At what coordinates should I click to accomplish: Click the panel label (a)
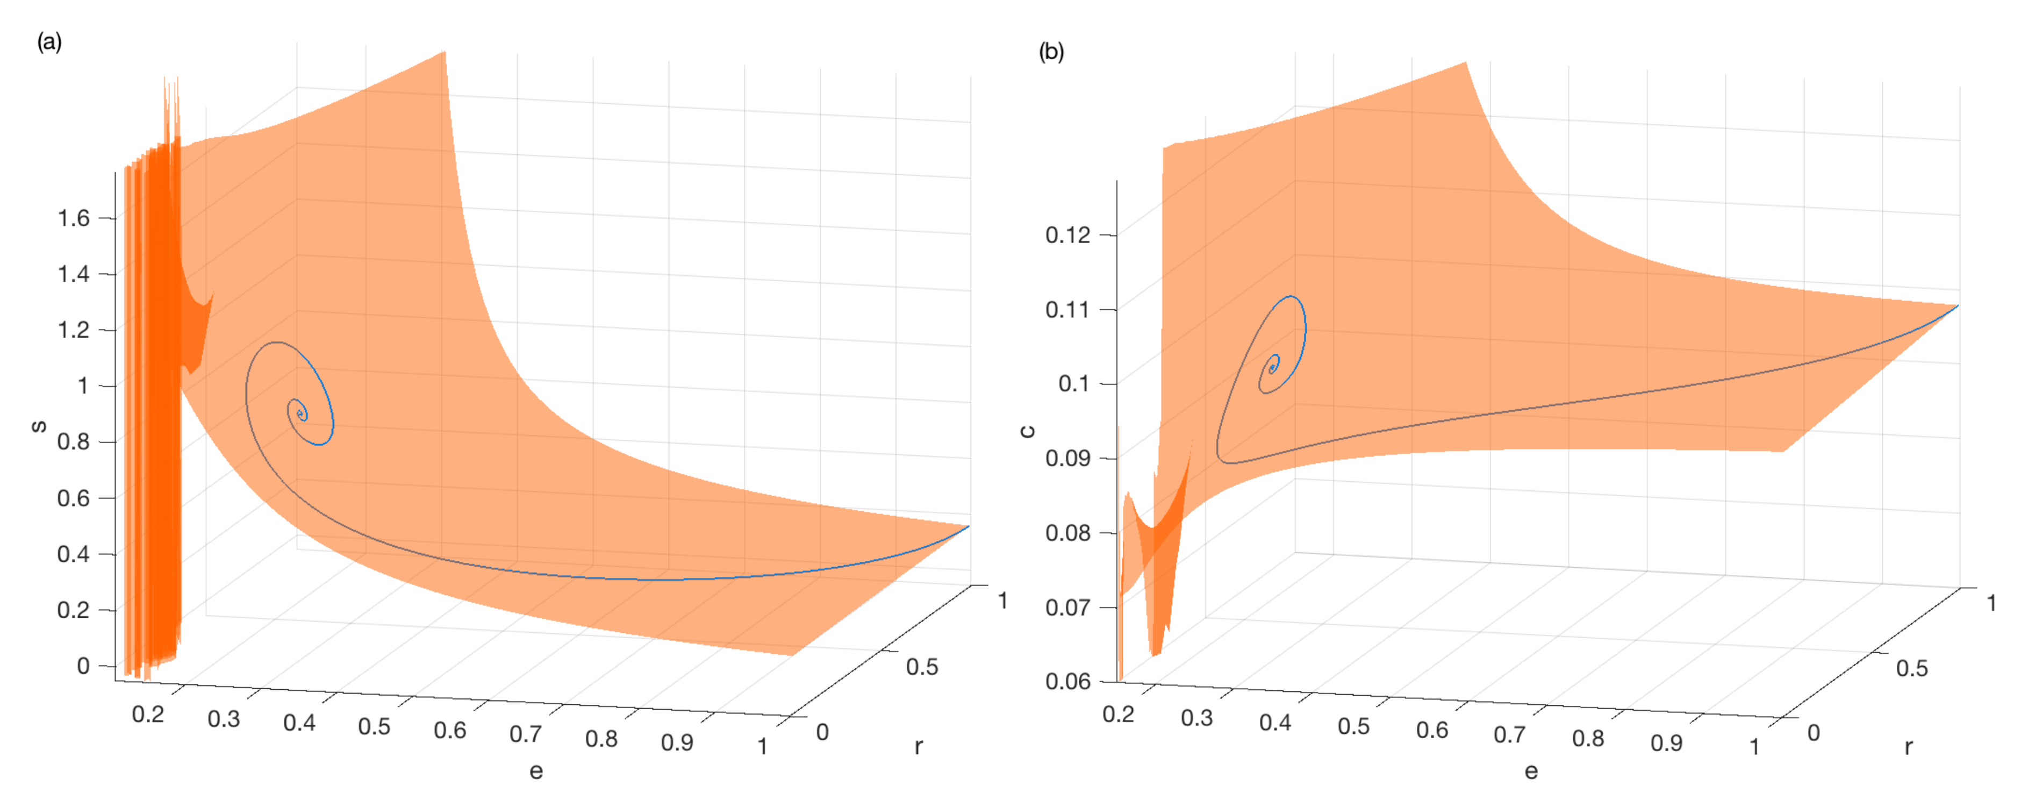pos(48,41)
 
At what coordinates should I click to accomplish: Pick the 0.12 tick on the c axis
pos(1068,235)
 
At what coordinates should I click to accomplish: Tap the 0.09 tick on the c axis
pos(1068,458)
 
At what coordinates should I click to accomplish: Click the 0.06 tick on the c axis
pos(1068,681)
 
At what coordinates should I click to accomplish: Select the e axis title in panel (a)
pos(536,771)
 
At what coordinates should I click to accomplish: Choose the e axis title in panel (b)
pos(1531,772)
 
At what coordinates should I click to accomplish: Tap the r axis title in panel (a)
pos(919,746)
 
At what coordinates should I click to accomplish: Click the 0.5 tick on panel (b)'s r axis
pos(1912,668)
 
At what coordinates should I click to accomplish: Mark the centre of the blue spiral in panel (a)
pos(300,413)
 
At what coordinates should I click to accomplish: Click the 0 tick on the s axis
pos(83,666)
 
